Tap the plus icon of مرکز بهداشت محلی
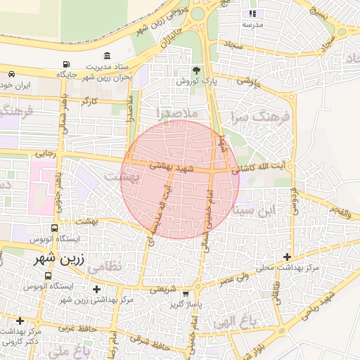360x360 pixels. click(x=286, y=257)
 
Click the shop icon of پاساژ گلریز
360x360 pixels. click(x=186, y=294)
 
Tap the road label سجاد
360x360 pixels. click(x=233, y=44)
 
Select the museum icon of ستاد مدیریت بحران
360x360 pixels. click(x=107, y=56)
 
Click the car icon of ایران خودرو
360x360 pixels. click(x=12, y=74)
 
